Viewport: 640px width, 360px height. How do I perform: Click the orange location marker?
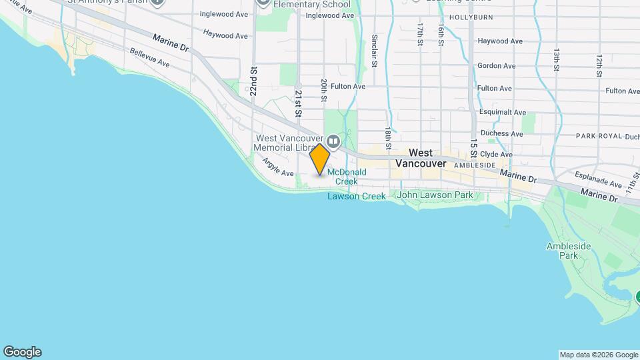tap(320, 159)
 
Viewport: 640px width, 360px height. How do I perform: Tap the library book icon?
tap(333, 141)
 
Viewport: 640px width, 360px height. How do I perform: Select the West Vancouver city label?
tap(420, 158)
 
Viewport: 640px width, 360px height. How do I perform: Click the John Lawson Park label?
tap(435, 195)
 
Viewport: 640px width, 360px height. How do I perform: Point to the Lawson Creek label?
tap(356, 196)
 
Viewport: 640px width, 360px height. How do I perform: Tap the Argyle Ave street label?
tap(278, 167)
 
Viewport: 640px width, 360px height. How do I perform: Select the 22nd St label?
tap(253, 81)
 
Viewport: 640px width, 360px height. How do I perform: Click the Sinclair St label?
tap(375, 51)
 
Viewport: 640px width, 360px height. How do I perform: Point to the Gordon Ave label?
tap(496, 66)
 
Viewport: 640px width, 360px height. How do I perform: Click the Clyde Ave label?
tap(497, 154)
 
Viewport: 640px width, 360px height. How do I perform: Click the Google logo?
tap(22, 352)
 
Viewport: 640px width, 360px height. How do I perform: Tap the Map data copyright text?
tap(598, 355)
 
